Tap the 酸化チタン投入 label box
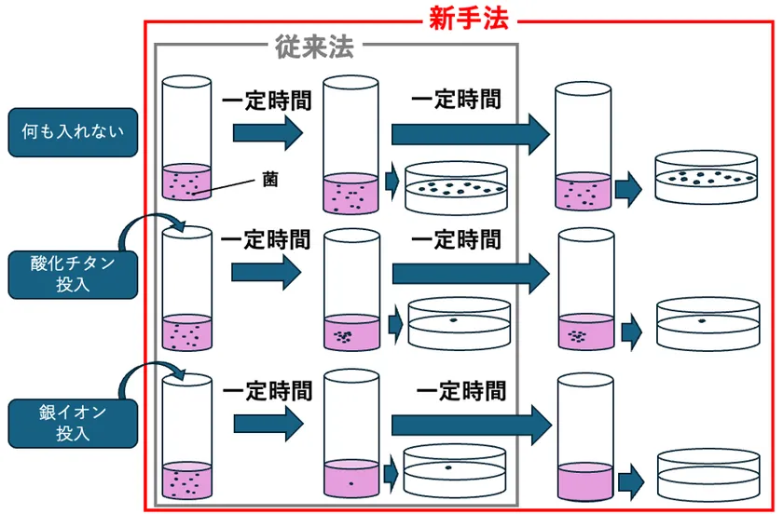[x=72, y=274]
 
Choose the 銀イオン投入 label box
[x=72, y=422]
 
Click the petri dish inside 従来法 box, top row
[x=457, y=186]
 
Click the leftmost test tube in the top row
[x=187, y=139]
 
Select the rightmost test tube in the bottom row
[x=584, y=438]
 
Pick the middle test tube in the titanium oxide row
[x=351, y=291]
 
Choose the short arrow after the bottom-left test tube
[x=268, y=424]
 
